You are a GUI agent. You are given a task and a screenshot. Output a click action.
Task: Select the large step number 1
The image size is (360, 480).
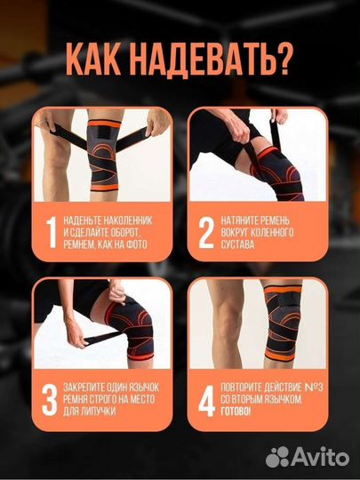coord(52,232)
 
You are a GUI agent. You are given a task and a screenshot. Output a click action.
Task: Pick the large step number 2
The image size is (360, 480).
coord(206,232)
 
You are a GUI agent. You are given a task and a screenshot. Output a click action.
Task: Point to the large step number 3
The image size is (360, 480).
coord(50,400)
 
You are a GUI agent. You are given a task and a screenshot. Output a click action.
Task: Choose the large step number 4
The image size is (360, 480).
coord(206,401)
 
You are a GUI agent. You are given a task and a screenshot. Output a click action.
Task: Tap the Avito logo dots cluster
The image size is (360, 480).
coord(277,457)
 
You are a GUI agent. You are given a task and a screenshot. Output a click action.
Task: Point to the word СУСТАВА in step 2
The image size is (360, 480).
coord(238,244)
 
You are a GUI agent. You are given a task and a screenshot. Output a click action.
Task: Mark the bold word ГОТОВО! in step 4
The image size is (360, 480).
coord(236,412)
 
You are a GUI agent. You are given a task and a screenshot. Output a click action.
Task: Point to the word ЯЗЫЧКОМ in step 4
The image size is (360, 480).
coord(284,399)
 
